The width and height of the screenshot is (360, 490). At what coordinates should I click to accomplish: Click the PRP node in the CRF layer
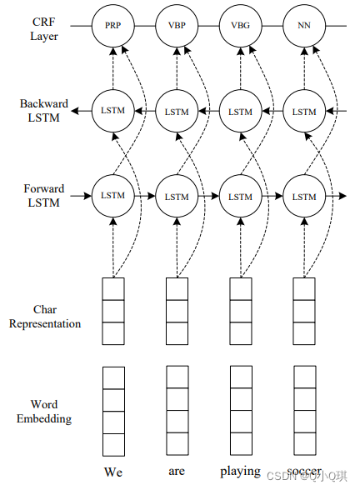pos(112,26)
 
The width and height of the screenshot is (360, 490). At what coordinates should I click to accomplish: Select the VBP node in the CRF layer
pos(177,26)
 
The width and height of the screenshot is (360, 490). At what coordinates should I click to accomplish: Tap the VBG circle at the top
pos(240,26)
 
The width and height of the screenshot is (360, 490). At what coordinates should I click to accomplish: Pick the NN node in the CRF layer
pos(304,26)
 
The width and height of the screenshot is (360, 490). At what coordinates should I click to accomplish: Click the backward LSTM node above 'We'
pos(112,111)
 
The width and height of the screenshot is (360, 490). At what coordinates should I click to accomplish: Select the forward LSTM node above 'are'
pos(177,197)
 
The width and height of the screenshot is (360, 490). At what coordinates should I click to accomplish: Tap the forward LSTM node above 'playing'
pos(240,197)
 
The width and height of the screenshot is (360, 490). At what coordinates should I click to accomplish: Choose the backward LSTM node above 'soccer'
pos(304,111)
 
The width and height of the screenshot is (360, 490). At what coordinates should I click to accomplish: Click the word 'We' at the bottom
pos(113,472)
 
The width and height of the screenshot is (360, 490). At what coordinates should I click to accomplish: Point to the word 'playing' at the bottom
pos(240,472)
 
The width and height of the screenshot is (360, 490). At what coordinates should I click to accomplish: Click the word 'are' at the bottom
pos(177,472)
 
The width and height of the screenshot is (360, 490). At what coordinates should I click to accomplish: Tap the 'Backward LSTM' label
pos(44,111)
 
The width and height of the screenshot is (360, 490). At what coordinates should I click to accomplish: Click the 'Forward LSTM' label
pos(44,196)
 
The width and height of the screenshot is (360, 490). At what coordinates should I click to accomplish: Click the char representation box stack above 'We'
pos(112,311)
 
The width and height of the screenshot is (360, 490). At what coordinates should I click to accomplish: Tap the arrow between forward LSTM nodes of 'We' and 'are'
pos(144,197)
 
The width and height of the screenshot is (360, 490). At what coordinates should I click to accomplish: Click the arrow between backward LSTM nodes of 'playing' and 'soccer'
pos(272,111)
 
